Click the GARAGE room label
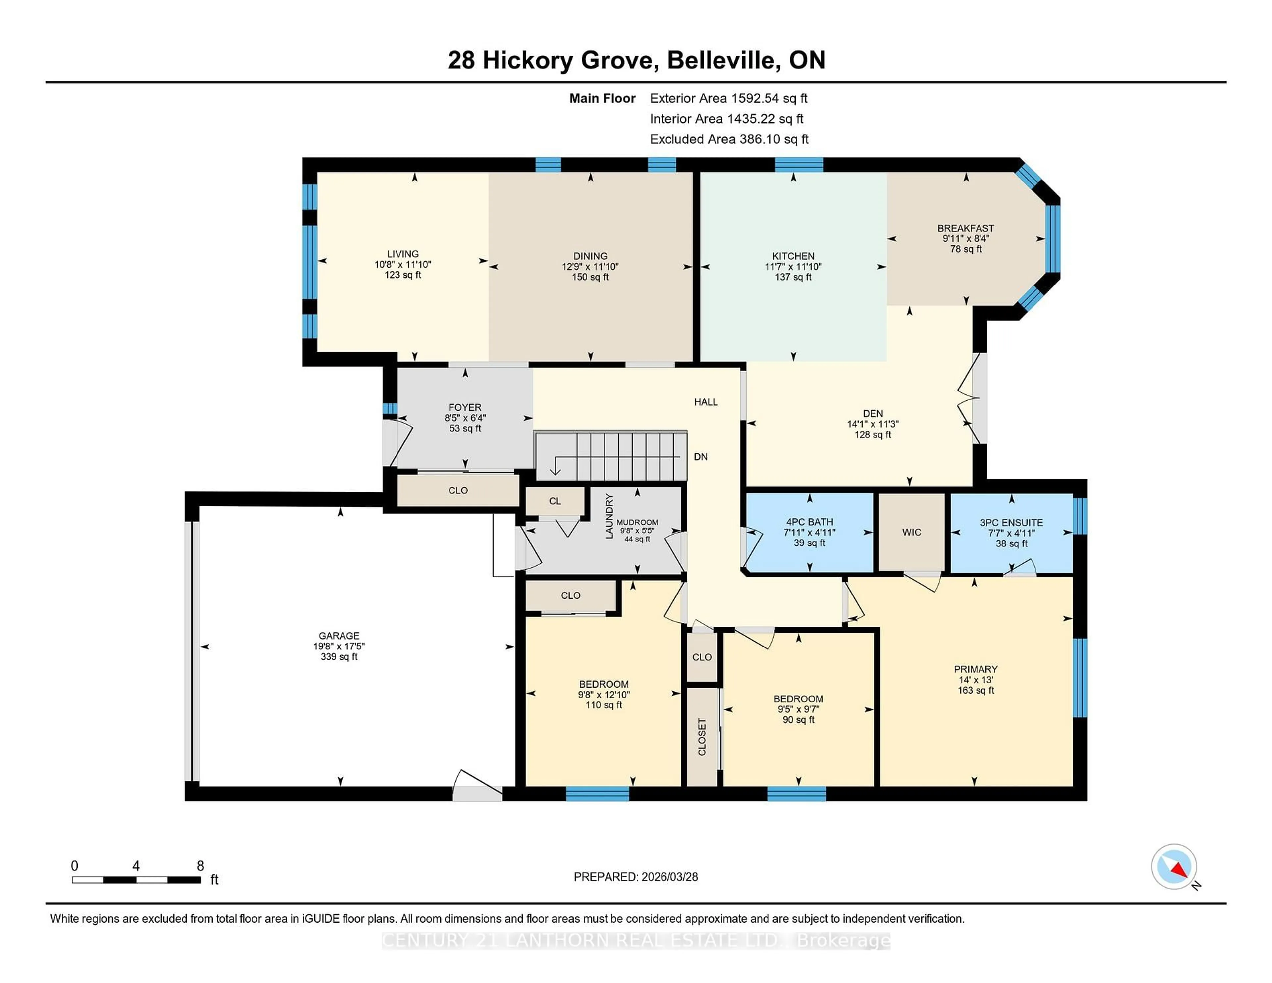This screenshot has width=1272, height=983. pos(339,635)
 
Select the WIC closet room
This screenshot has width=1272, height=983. pos(912,532)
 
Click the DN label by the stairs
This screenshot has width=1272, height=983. pos(701,457)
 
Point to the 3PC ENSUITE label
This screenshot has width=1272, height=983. pos(1011,522)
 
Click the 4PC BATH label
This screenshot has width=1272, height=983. pos(809,522)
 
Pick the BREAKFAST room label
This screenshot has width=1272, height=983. pos(965,228)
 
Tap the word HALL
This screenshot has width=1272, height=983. pos(705,402)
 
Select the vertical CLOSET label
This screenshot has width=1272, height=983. pos(702,737)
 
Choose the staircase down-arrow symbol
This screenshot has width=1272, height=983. pos(555,466)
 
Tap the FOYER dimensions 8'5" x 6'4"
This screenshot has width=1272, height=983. pos(465,418)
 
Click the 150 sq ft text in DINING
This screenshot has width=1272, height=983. pos(590,277)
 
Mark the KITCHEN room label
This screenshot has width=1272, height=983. pos(793,256)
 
